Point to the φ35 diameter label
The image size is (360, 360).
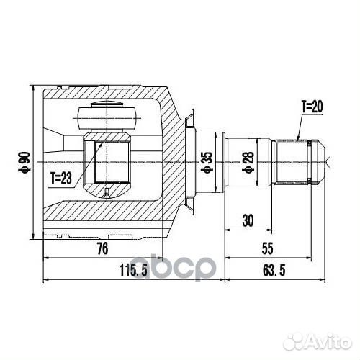(205, 162)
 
